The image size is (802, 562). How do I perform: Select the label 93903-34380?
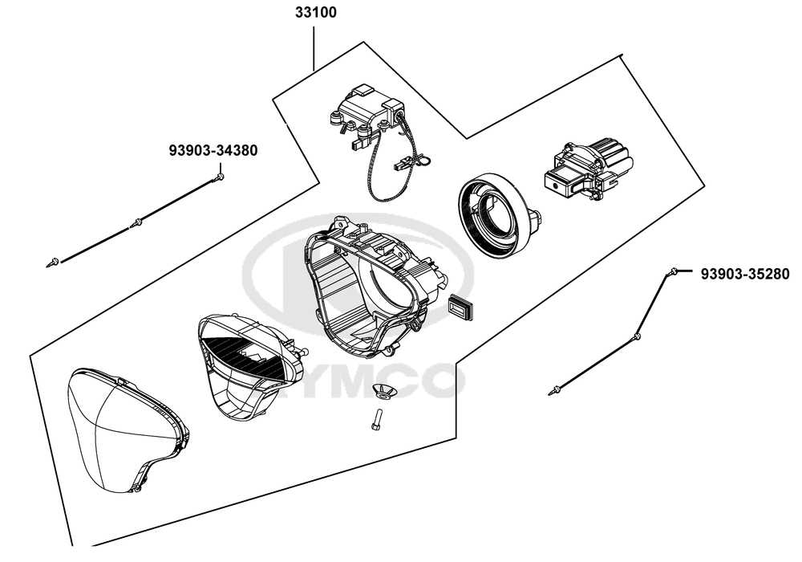(213, 149)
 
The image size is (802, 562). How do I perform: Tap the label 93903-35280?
(745, 274)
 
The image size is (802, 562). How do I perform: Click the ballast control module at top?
(366, 113)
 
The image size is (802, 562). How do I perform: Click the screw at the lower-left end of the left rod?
(54, 260)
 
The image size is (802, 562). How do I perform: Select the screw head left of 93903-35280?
(676, 272)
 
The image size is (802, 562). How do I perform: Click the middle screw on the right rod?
(637, 336)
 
